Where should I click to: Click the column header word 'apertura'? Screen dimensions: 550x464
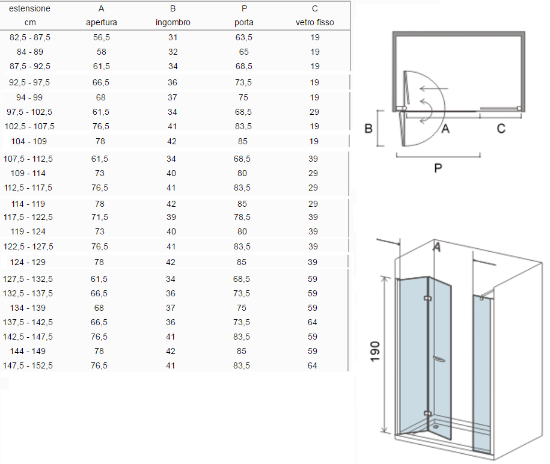click(x=102, y=22)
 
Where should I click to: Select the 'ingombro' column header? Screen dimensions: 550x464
click(x=173, y=22)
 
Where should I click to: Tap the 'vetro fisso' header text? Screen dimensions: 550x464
click(x=314, y=22)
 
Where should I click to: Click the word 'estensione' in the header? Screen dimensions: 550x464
click(x=30, y=8)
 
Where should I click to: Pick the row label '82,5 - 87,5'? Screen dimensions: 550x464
click(x=30, y=37)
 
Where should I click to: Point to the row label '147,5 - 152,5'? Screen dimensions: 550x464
click(x=28, y=365)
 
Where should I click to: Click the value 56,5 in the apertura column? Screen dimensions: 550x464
click(x=102, y=37)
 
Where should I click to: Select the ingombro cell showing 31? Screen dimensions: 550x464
click(x=173, y=37)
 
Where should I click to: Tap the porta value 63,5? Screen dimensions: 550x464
click(x=244, y=37)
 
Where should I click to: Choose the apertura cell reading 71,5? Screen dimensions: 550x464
click(x=100, y=217)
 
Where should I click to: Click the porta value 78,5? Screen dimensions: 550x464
click(x=242, y=217)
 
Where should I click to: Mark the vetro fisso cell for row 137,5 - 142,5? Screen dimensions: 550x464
click(x=313, y=322)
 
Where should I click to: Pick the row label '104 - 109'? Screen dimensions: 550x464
click(x=29, y=141)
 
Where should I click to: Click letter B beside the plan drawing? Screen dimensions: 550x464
click(x=368, y=129)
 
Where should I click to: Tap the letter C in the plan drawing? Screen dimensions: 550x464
click(x=501, y=129)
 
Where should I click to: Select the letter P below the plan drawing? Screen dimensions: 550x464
click(x=438, y=168)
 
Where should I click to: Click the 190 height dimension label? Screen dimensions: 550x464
click(x=375, y=352)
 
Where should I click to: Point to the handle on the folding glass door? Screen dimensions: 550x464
click(x=439, y=359)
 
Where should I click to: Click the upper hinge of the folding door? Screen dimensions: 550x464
click(x=427, y=299)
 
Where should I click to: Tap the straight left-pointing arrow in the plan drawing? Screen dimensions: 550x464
click(x=434, y=88)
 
